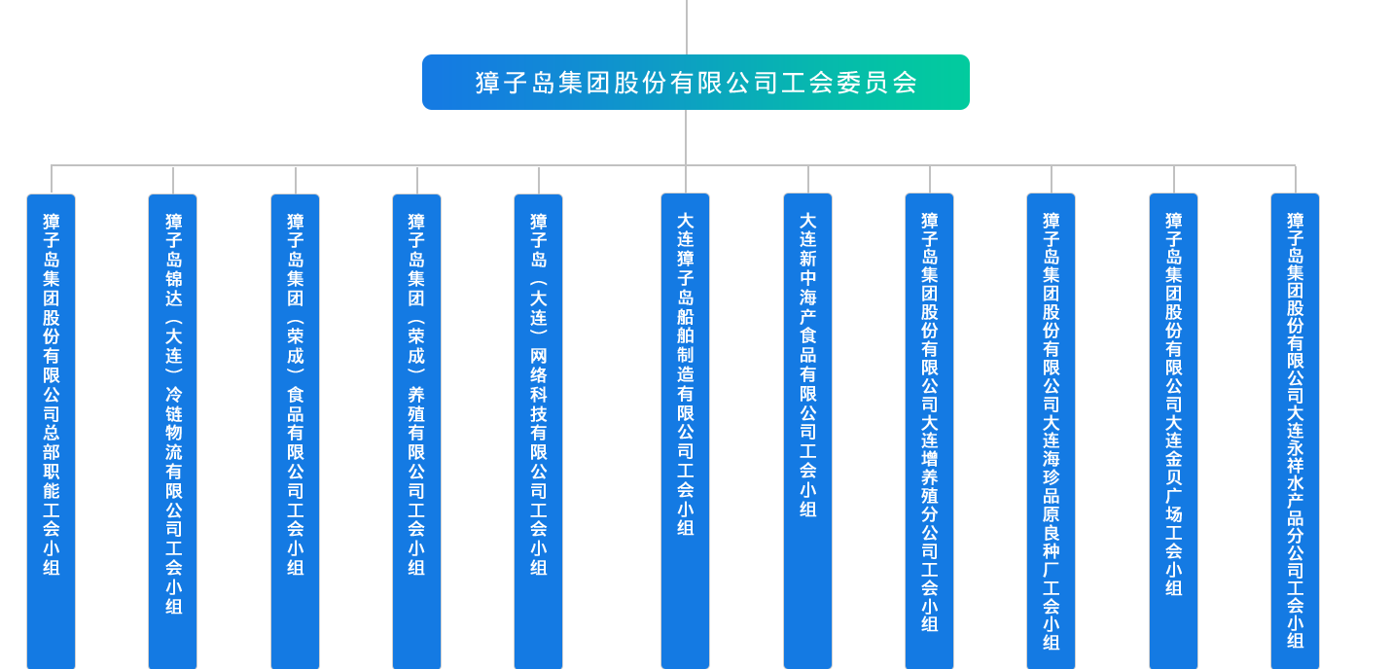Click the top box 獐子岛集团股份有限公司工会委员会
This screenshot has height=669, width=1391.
click(x=695, y=83)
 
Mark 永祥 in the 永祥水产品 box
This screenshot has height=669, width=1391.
click(x=1295, y=461)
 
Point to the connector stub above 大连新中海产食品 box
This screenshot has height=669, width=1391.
click(x=807, y=179)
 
